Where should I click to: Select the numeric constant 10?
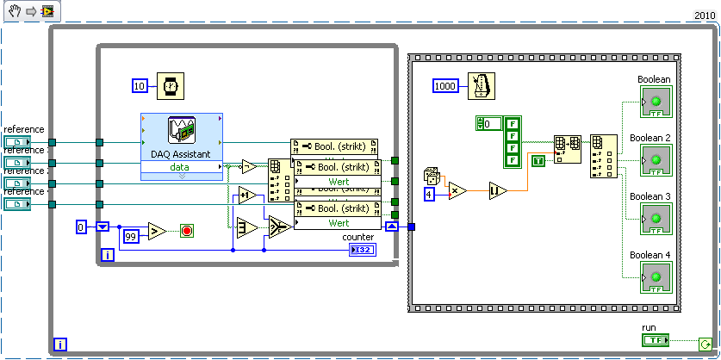tap(140, 85)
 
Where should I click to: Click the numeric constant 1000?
tap(445, 85)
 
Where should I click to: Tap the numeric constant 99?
tap(130, 235)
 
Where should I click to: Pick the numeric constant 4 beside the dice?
tap(428, 195)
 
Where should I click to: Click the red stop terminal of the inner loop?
tap(187, 231)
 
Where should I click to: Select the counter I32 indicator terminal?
tap(362, 250)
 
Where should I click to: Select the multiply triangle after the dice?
tap(457, 190)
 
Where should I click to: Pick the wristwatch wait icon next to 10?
tap(172, 85)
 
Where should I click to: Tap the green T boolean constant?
tap(538, 161)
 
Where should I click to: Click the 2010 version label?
tap(705, 16)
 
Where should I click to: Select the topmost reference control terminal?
tap(17, 142)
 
